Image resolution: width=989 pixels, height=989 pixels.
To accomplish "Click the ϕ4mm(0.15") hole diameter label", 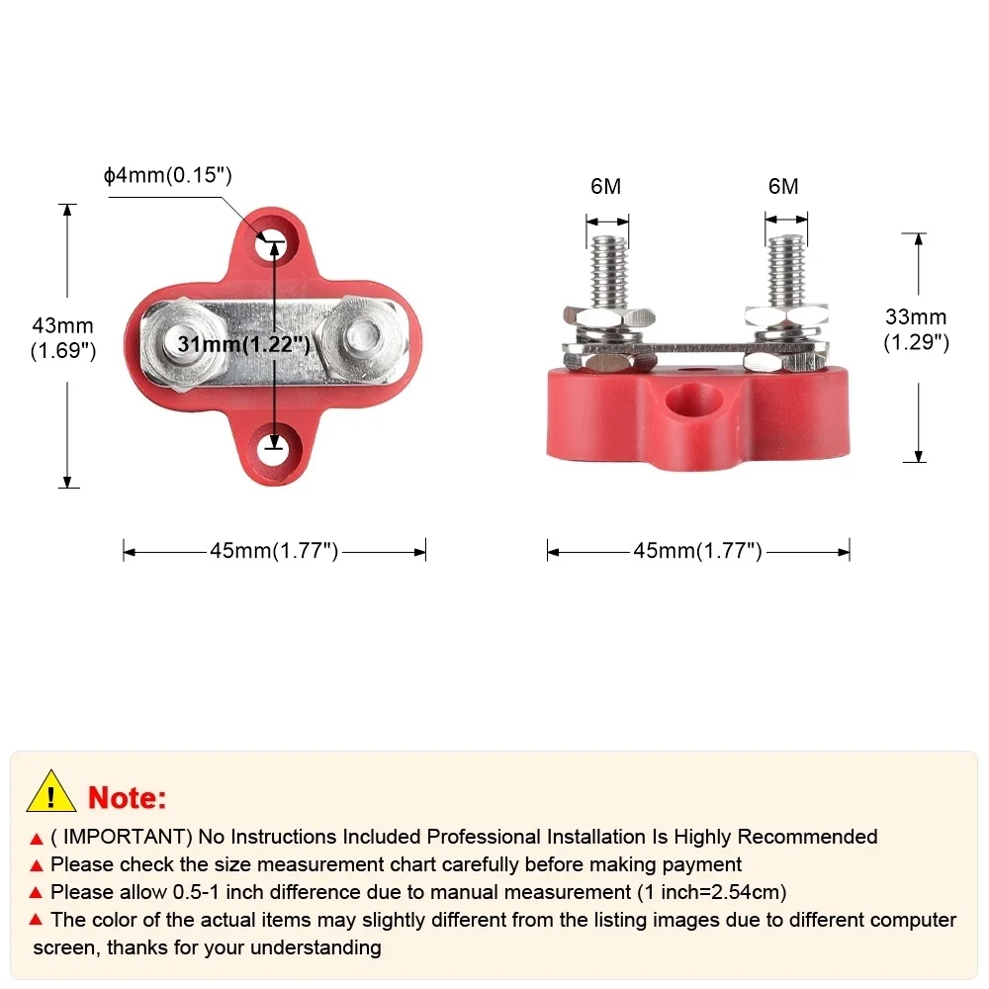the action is tap(167, 177).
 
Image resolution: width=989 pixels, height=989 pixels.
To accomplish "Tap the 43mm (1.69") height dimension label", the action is tap(64, 337).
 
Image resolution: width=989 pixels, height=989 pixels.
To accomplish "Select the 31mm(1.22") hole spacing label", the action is tap(244, 344).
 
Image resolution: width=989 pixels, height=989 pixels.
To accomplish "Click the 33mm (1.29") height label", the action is tap(916, 329).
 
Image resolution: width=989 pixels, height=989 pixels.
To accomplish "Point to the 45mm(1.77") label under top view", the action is tap(274, 551).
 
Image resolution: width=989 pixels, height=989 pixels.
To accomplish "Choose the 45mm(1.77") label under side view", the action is tap(697, 551).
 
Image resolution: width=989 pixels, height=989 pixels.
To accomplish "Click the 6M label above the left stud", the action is tap(605, 187).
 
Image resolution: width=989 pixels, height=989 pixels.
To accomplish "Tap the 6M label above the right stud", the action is tap(782, 187).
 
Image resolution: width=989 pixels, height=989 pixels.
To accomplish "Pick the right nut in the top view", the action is tap(362, 336).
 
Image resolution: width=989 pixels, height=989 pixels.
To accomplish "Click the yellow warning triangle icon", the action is tap(51, 792).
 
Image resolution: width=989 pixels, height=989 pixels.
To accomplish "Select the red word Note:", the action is tap(128, 797).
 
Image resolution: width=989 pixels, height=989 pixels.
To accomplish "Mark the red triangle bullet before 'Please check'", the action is tap(37, 865).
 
